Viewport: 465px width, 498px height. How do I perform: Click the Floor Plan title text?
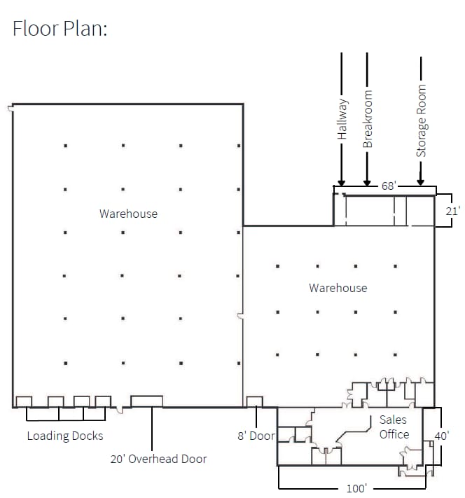[x=60, y=29]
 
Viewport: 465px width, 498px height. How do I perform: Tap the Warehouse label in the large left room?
[x=128, y=214]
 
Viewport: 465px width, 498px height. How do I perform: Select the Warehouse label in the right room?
[x=338, y=288]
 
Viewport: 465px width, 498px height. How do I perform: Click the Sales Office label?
[x=394, y=427]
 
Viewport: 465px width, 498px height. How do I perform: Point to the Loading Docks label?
[x=65, y=436]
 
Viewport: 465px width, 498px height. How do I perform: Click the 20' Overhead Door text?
[x=158, y=459]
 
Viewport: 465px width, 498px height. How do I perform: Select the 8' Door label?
[x=256, y=436]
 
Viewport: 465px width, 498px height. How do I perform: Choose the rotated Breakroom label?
[x=368, y=120]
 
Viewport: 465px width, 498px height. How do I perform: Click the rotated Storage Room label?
[x=421, y=121]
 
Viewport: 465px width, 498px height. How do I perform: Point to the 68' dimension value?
[x=389, y=186]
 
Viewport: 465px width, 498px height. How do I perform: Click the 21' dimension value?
[x=453, y=211]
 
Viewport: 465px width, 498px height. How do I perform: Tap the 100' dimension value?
[x=356, y=488]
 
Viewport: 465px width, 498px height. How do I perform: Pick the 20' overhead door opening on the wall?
[x=147, y=401]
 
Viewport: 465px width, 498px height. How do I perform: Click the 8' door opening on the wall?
[x=255, y=401]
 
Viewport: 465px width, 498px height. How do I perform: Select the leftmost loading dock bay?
[x=24, y=401]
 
